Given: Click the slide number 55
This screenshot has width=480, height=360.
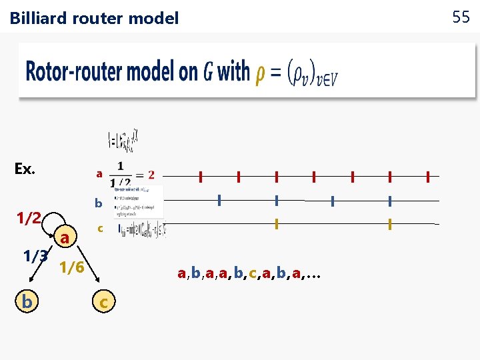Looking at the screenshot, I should tap(461, 17).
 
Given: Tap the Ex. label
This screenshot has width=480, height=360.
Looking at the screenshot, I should tap(25, 169).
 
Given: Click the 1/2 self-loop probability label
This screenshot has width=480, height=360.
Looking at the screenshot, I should tap(29, 218).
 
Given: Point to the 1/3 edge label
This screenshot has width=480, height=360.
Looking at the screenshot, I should tap(35, 255).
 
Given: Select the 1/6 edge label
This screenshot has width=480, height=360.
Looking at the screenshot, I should tap(71, 268).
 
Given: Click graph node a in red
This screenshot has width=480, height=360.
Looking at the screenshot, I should tap(65, 237).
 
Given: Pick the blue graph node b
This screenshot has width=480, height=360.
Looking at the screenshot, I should tap(27, 302).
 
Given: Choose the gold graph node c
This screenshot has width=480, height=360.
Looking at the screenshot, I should tap(103, 303).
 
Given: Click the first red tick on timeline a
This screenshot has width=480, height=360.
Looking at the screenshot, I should tap(200, 177).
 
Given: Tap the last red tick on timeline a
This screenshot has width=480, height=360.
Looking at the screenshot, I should tap(427, 177).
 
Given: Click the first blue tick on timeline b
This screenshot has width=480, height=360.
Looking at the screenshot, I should tap(219, 200).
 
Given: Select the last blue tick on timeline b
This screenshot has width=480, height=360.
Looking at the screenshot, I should tap(389, 200).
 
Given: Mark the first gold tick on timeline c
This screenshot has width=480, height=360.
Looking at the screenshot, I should tap(276, 225).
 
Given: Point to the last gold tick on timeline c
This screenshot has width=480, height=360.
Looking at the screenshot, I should tap(389, 225).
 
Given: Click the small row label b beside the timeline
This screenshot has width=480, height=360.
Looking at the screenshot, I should tap(98, 203).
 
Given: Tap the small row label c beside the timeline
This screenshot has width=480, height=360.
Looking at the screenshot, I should tap(99, 229).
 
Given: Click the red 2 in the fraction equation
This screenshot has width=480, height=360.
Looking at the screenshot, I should tap(151, 175).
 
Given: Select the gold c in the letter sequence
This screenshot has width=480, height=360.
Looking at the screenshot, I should tap(253, 273).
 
